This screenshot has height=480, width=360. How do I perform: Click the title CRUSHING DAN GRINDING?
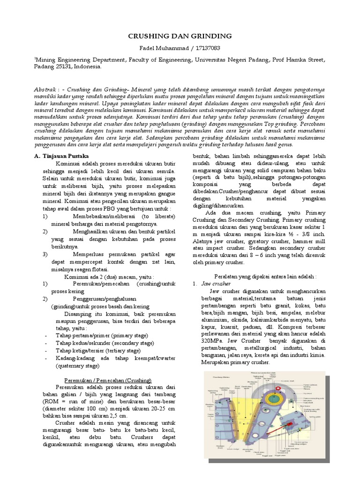180,36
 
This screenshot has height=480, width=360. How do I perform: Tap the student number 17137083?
206,48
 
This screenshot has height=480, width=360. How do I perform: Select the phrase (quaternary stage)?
78,366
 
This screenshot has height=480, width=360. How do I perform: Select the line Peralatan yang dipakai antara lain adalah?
265,277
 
